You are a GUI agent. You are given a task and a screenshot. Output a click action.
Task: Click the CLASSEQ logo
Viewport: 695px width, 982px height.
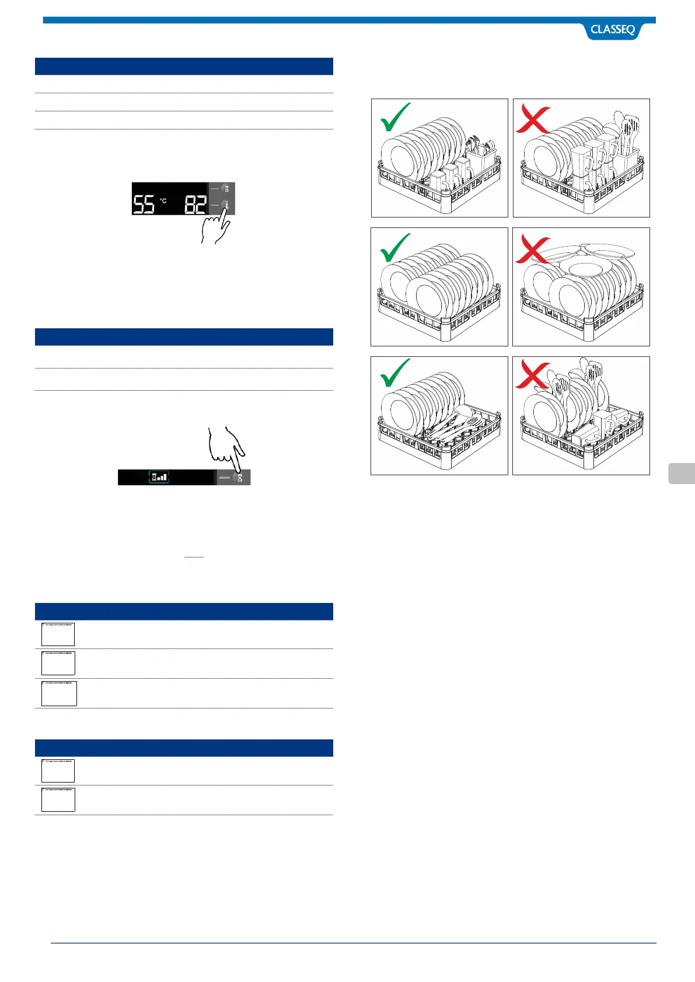[x=612, y=30]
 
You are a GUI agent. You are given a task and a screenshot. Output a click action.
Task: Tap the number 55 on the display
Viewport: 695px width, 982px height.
[x=144, y=204]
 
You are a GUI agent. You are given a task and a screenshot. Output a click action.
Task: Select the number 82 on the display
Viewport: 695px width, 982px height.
[x=196, y=204]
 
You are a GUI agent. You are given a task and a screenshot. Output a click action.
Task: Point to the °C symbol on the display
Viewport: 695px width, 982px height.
[x=163, y=201]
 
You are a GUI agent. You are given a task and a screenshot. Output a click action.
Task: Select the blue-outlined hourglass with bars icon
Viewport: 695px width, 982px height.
[x=159, y=477]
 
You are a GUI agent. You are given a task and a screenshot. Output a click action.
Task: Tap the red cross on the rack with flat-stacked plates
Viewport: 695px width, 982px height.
[x=532, y=250]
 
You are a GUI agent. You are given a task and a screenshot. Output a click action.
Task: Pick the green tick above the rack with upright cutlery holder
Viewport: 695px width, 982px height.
[x=394, y=118]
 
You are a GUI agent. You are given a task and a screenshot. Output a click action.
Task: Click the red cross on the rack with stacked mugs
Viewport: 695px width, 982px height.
[x=532, y=120]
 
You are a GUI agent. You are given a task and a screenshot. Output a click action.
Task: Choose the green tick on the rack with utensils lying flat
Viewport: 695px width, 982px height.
[x=394, y=373]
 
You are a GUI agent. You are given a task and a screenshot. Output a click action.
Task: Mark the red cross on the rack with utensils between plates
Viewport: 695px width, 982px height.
[x=532, y=374]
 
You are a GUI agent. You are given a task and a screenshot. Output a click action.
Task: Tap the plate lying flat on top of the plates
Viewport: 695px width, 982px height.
[x=589, y=268]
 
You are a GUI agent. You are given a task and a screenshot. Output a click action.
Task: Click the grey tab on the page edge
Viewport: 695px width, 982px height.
[x=682, y=473]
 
